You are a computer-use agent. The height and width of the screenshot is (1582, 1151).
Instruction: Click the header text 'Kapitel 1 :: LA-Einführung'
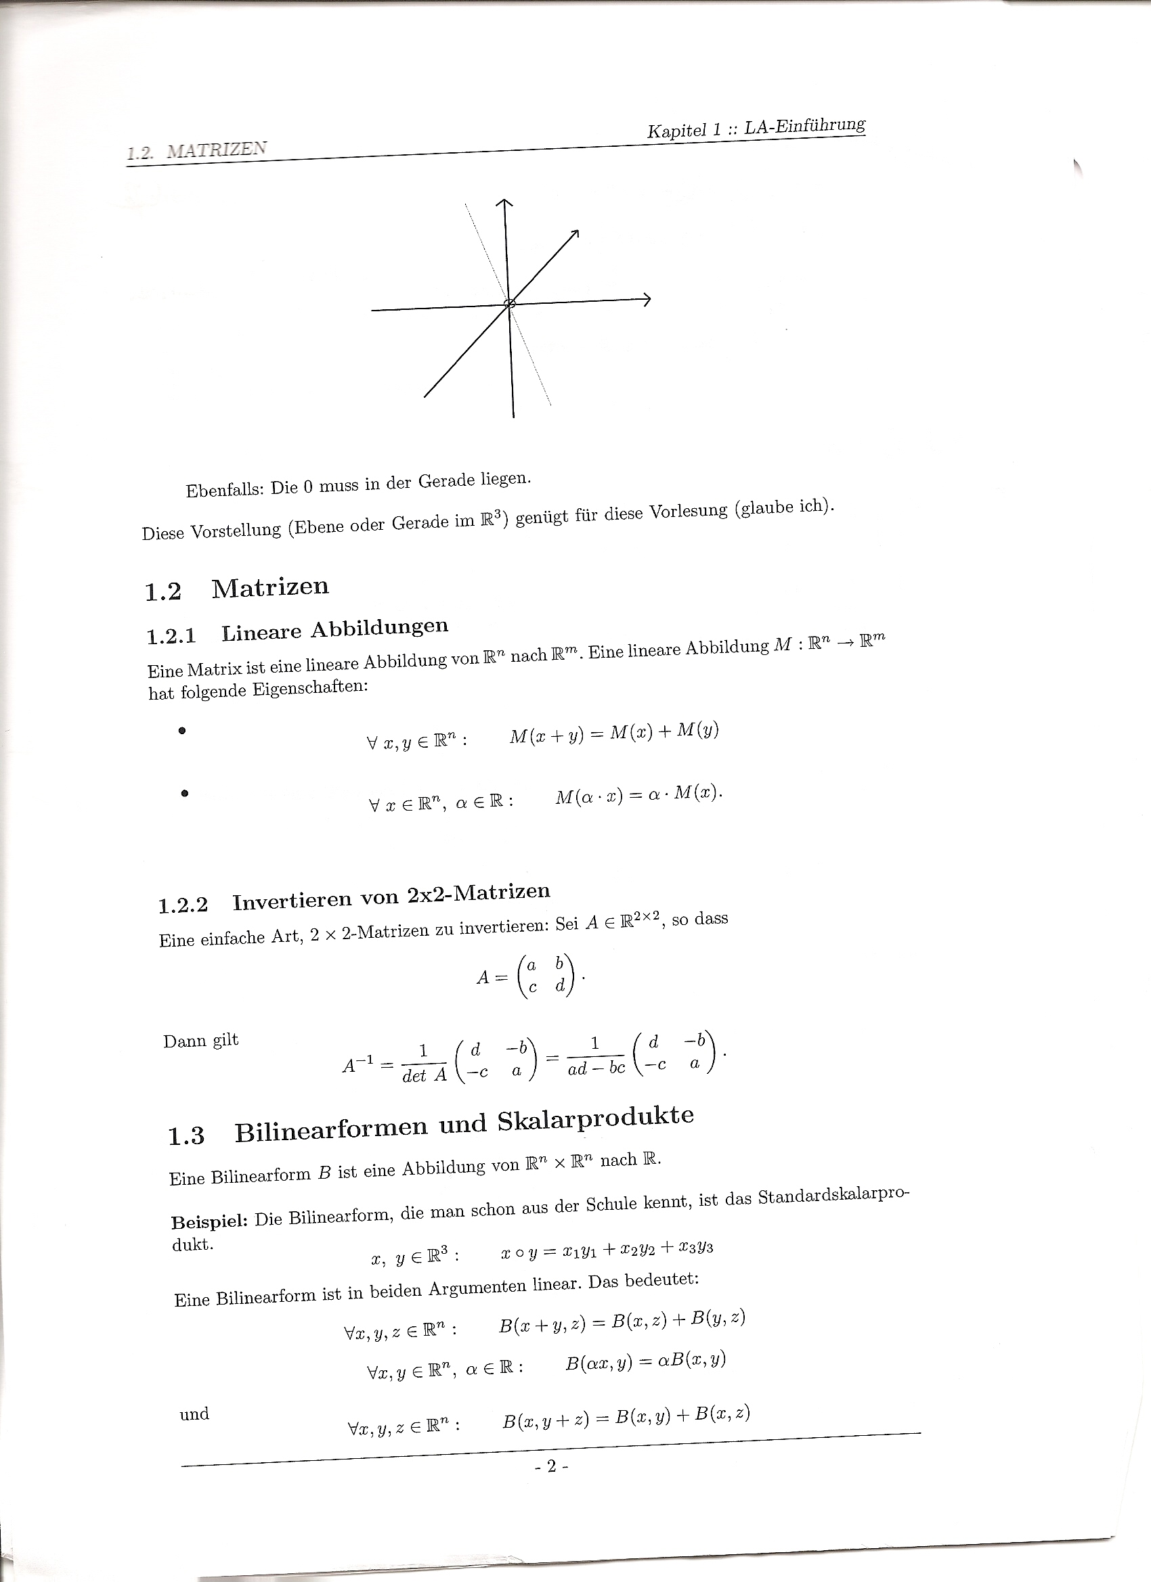pyautogui.click(x=756, y=128)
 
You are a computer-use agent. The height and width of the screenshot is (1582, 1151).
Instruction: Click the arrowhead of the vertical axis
pyautogui.click(x=504, y=202)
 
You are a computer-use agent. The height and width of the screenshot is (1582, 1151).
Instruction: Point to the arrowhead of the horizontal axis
pyautogui.click(x=647, y=299)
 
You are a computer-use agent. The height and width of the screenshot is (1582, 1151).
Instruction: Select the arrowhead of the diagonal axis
pyautogui.click(x=574, y=234)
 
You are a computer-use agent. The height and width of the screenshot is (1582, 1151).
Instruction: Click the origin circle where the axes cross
pyautogui.click(x=510, y=302)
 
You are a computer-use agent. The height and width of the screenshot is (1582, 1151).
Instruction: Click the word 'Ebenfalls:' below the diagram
pyautogui.click(x=223, y=490)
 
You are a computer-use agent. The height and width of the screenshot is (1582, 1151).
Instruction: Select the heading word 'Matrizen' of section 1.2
pyautogui.click(x=270, y=587)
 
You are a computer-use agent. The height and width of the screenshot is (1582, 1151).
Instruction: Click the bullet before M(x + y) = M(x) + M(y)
pyautogui.click(x=182, y=731)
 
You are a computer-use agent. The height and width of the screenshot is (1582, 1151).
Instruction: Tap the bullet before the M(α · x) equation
pyautogui.click(x=184, y=793)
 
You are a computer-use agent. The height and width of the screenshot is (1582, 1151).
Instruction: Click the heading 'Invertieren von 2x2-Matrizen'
pyautogui.click(x=391, y=897)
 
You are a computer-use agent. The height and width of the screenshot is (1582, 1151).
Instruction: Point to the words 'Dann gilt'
pyautogui.click(x=201, y=1041)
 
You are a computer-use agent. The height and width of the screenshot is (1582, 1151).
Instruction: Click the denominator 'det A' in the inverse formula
pyautogui.click(x=425, y=1076)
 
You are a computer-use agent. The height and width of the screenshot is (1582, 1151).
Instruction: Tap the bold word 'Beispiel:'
pyautogui.click(x=209, y=1222)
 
